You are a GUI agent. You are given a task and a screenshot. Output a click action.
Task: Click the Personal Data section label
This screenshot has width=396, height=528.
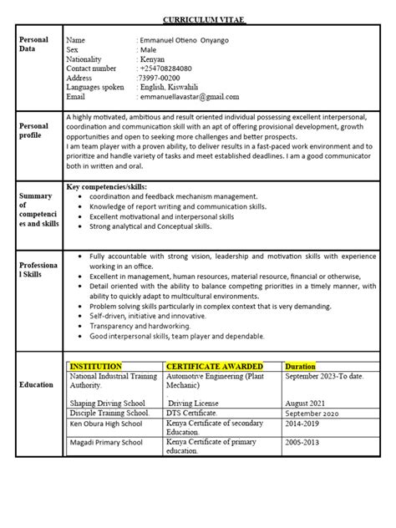33,45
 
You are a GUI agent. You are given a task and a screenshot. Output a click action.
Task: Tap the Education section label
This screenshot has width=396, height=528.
37,385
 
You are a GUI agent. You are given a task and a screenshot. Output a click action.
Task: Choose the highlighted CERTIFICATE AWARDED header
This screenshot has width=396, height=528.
215,367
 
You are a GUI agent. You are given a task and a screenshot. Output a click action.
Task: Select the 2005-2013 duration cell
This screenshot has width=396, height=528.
304,443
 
